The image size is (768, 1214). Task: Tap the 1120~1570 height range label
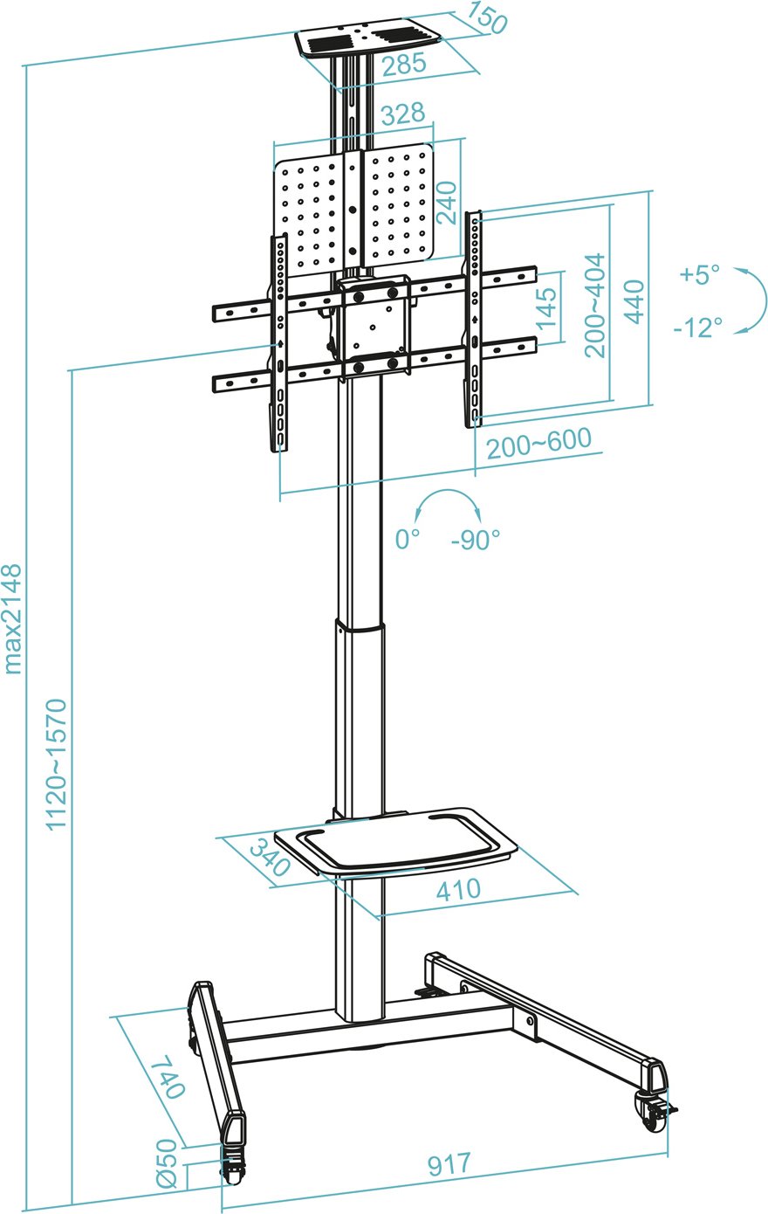pyautogui.click(x=56, y=764)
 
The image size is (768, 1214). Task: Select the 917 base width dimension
pyautogui.click(x=449, y=1163)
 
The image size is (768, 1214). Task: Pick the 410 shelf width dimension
pyautogui.click(x=458, y=889)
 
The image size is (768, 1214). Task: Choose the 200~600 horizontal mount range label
pyautogui.click(x=538, y=444)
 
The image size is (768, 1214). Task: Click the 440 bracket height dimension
pyautogui.click(x=634, y=301)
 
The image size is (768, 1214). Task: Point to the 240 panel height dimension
pyautogui.click(x=447, y=203)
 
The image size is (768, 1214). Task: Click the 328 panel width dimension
pyautogui.click(x=402, y=113)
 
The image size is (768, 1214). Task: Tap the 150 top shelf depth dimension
pyautogui.click(x=487, y=18)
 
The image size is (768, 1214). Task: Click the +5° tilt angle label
pyautogui.click(x=700, y=274)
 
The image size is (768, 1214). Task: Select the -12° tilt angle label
pyautogui.click(x=698, y=327)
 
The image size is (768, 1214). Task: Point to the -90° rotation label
pyautogui.click(x=476, y=540)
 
